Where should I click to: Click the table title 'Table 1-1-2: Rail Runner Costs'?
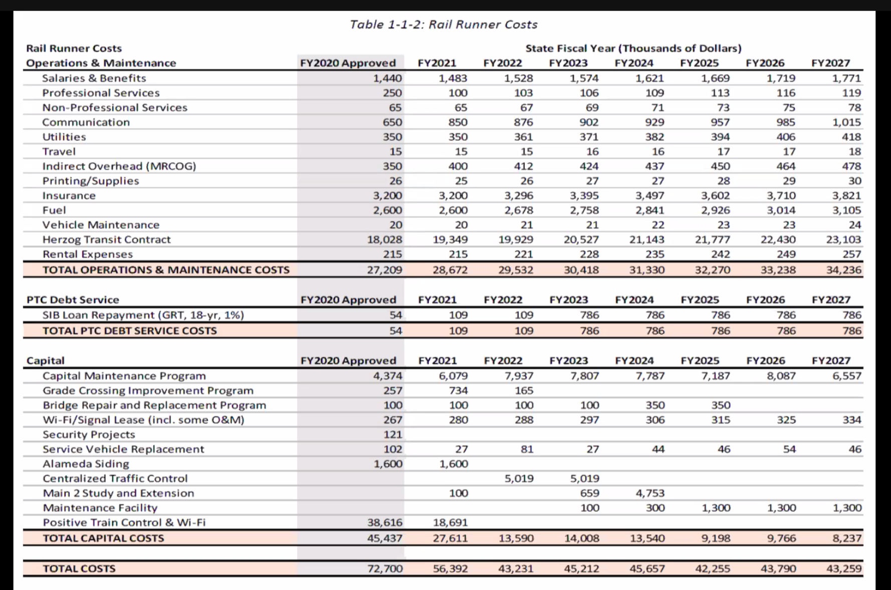point(443,25)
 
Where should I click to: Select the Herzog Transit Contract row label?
point(106,239)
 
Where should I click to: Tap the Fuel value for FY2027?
point(846,210)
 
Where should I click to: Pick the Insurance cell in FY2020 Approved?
point(387,196)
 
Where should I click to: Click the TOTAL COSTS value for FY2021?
point(450,568)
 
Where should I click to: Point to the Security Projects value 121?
point(392,435)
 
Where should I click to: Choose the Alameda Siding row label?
point(86,464)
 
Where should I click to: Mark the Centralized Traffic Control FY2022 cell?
point(519,478)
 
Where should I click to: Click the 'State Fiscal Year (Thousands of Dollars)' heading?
point(633,48)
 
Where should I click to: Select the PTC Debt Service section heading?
point(73,300)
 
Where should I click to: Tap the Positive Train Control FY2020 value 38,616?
point(384,522)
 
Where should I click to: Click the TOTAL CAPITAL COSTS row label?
point(103,538)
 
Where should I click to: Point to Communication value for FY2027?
point(846,122)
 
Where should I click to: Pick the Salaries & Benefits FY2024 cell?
point(649,78)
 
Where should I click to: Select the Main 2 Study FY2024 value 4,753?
point(649,493)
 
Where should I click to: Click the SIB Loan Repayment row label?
point(143,315)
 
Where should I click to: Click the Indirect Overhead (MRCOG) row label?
point(119,166)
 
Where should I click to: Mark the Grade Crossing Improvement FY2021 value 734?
point(458,391)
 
